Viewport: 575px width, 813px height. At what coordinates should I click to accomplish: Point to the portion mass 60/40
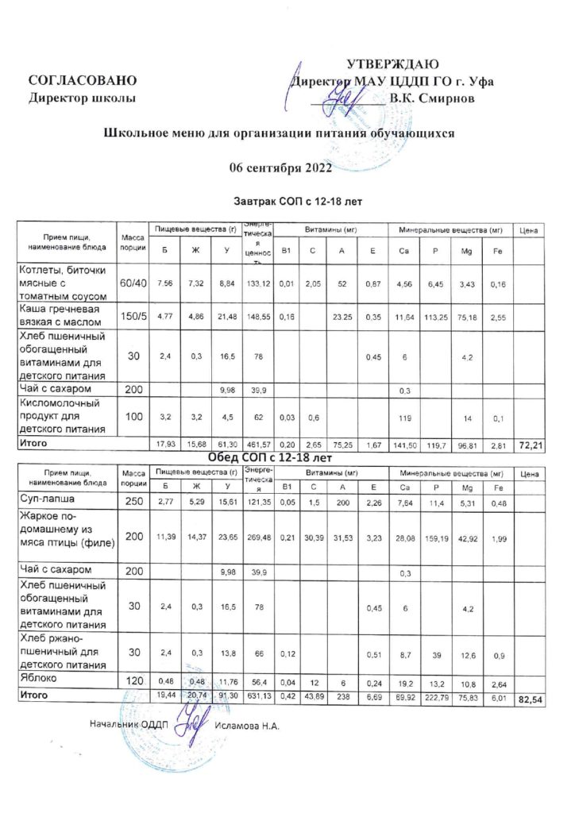pos(133,283)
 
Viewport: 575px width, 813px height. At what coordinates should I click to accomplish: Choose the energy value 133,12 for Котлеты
pos(259,283)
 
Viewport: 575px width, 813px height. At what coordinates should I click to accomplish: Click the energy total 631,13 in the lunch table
pos(259,695)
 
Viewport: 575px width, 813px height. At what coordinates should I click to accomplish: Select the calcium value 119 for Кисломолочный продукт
pos(404,416)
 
